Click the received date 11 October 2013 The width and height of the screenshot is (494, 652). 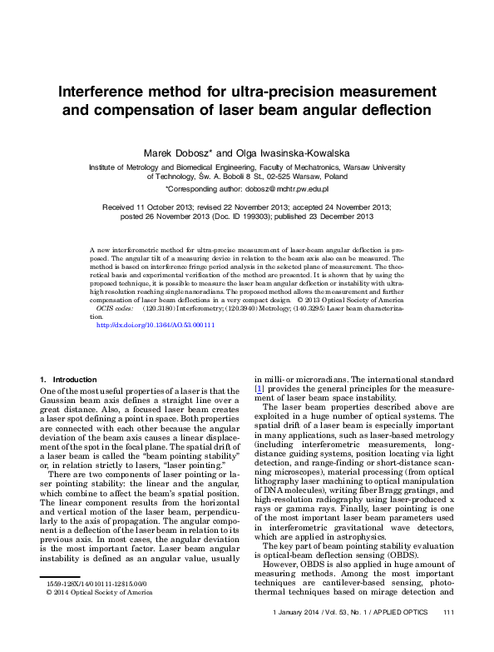[x=160, y=207]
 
